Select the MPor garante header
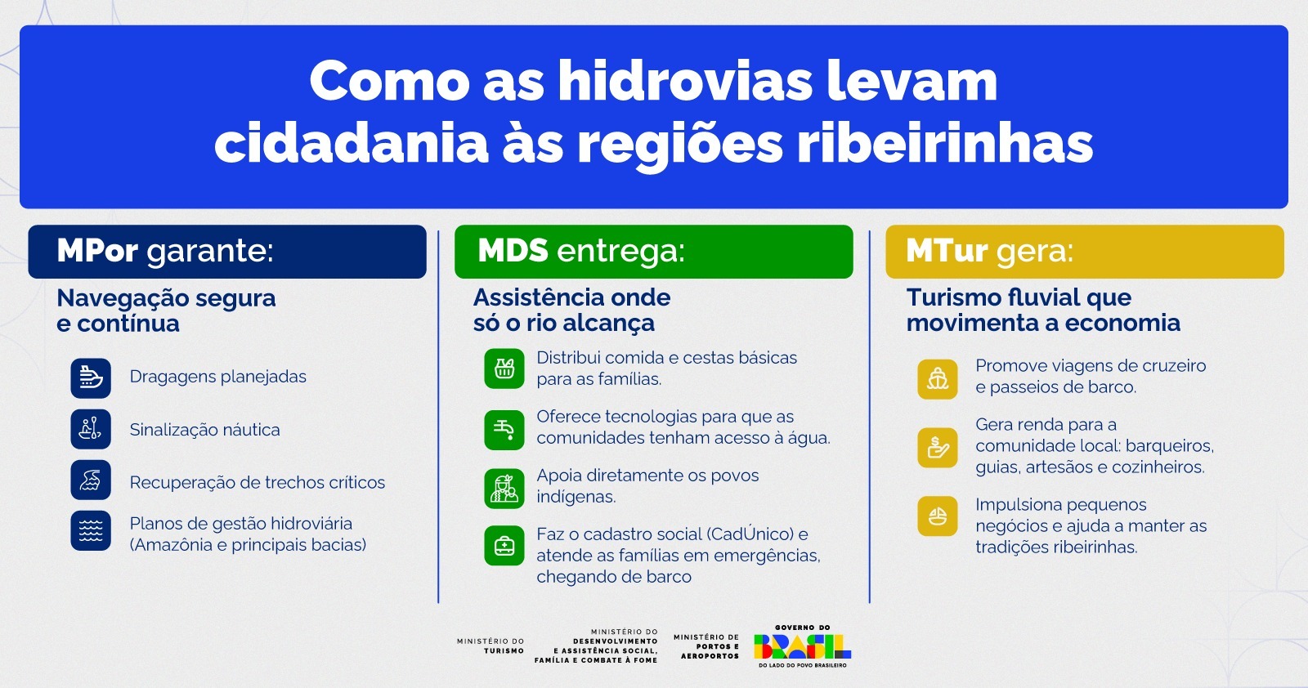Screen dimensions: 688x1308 pyautogui.click(x=227, y=252)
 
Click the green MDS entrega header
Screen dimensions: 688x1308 pyautogui.click(x=653, y=252)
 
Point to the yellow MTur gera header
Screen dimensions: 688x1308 pyautogui.click(x=1084, y=252)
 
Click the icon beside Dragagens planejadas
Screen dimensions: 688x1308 pyautogui.click(x=91, y=378)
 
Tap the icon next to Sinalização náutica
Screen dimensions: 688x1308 pyautogui.click(x=91, y=429)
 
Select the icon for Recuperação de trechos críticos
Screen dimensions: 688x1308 pyautogui.click(x=91, y=480)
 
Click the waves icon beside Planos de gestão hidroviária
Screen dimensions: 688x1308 pyautogui.click(x=91, y=531)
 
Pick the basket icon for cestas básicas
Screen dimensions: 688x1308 pyautogui.click(x=504, y=369)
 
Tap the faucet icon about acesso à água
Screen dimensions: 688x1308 pyautogui.click(x=504, y=428)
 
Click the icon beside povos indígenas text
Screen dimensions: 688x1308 pyautogui.click(x=504, y=488)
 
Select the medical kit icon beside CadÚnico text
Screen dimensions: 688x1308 pyautogui.click(x=504, y=545)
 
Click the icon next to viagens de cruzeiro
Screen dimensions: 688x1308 pyautogui.click(x=938, y=378)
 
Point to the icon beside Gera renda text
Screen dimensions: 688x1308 pyautogui.click(x=938, y=447)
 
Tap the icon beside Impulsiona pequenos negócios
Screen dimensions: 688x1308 pyautogui.click(x=938, y=516)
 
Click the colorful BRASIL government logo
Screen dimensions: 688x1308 pyautogui.click(x=802, y=646)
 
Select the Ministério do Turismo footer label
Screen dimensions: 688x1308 pyautogui.click(x=490, y=646)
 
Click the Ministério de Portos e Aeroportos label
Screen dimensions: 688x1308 pyautogui.click(x=706, y=646)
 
